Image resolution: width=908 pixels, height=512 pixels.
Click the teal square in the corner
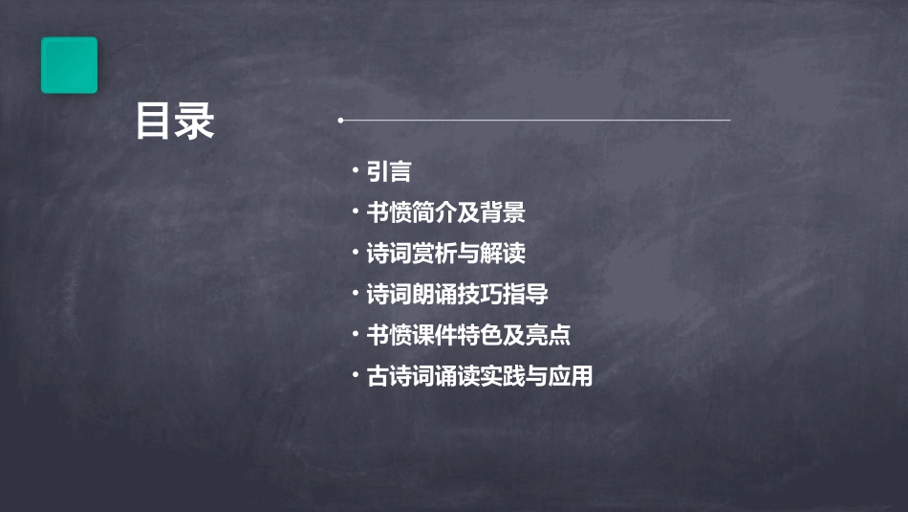[x=69, y=65]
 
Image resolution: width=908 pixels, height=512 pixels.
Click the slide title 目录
[x=175, y=122]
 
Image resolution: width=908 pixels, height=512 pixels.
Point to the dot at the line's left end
[x=340, y=121]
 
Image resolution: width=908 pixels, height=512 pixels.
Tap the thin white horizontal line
[x=535, y=121]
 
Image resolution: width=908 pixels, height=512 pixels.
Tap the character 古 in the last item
[x=378, y=376]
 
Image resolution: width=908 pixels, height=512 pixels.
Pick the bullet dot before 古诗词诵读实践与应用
[x=355, y=375]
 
